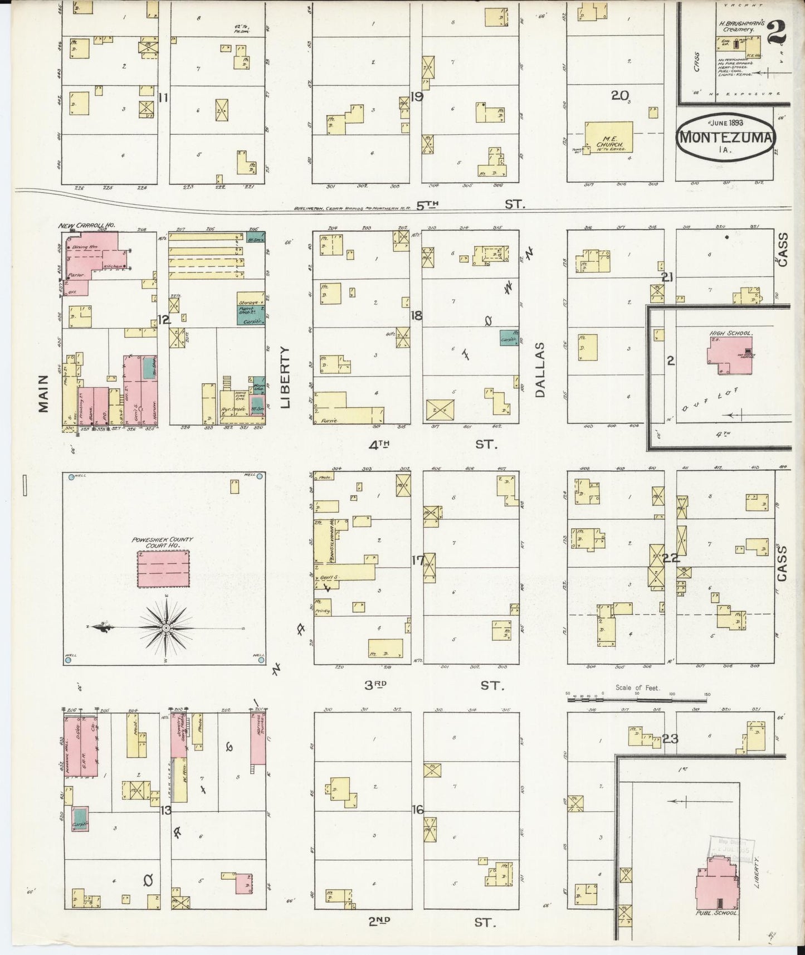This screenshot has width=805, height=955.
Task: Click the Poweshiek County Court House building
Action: tap(163, 568)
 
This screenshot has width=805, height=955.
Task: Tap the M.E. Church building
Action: tap(608, 137)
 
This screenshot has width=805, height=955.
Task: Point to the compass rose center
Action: tap(166, 628)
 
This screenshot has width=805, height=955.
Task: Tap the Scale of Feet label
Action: tap(637, 688)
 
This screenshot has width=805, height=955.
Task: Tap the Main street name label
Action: tap(43, 393)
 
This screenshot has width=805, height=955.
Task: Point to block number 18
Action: tap(416, 316)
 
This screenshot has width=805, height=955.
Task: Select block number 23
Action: tap(670, 739)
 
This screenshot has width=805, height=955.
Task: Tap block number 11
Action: tap(163, 98)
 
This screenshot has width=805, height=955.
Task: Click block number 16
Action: tap(417, 810)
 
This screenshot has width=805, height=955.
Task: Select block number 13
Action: tap(165, 811)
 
